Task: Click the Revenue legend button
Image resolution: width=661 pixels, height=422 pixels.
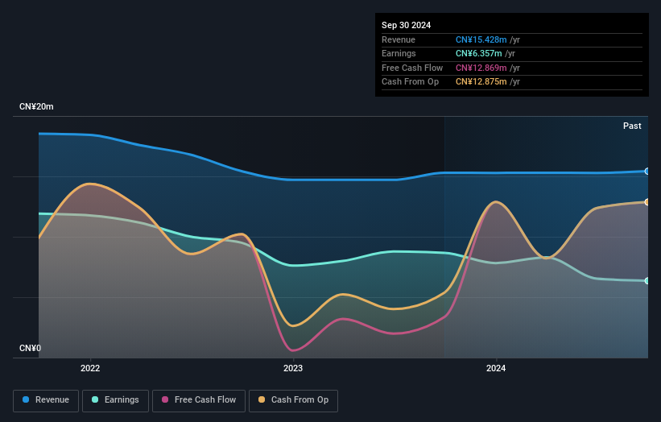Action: coord(47,400)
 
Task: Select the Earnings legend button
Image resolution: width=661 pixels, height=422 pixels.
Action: coord(115,400)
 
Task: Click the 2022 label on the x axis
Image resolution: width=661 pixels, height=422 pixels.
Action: coord(90,369)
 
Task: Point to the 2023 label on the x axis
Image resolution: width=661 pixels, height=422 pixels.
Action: coord(293,369)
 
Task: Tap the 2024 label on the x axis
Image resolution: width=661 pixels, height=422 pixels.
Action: coord(496,369)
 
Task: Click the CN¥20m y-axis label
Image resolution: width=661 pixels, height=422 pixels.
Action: coord(37,106)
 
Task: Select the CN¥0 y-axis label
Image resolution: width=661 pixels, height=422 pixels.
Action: coord(31,348)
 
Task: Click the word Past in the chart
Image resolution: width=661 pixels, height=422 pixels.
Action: coord(632,126)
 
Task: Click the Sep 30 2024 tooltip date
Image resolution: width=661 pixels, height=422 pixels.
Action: coord(406,25)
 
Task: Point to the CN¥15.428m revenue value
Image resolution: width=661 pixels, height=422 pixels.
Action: coord(481,39)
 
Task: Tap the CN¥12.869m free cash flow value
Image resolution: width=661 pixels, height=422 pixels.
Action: coord(481,68)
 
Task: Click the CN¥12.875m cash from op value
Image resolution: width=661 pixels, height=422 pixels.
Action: coord(481,81)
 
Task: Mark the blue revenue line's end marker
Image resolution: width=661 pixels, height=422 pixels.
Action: coord(647,171)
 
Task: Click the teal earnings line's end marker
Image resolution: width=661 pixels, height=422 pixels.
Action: coord(647,281)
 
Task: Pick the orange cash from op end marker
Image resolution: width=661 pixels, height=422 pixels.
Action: coord(647,202)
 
